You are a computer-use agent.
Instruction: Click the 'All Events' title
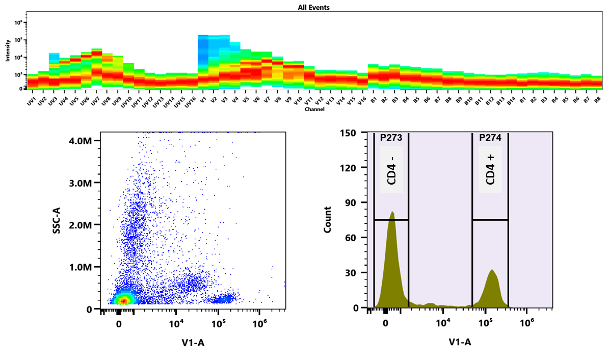(314, 8)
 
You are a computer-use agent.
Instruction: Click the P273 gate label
(391, 137)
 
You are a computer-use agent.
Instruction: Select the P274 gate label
(490, 137)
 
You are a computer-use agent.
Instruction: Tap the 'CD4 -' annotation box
(391, 169)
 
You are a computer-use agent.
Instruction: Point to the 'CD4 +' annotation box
(490, 169)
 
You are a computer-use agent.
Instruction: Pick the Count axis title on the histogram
(328, 220)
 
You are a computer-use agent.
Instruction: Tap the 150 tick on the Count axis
(352, 133)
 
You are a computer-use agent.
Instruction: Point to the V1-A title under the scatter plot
(193, 342)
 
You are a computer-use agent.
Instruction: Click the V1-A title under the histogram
(460, 342)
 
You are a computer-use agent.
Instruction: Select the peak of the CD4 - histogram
(392, 212)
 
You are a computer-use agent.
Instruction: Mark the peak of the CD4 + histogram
(492, 270)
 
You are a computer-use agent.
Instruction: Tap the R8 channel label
(597, 99)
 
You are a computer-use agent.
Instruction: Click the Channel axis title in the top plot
(313, 109)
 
